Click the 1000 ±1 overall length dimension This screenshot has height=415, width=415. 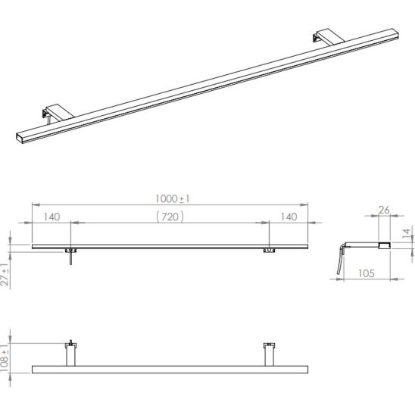coord(173,198)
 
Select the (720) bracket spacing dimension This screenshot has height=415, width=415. coord(170,217)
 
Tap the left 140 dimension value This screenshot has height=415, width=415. coord(51,217)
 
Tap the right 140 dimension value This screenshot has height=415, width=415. coord(289,217)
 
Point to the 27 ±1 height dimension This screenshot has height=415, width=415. coord(5,274)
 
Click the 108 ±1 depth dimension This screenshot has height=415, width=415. coord(5,358)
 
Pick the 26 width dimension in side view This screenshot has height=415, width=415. coord(384,210)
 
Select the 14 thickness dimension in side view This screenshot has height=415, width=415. coord(406,233)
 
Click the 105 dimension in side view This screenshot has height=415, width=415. coord(367,273)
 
